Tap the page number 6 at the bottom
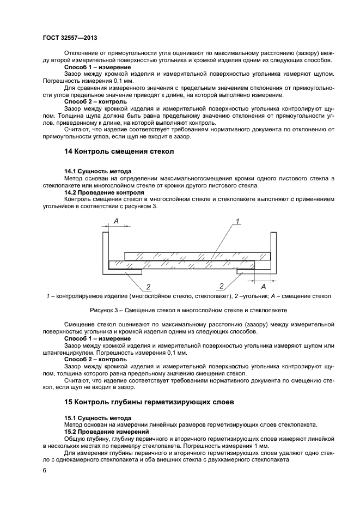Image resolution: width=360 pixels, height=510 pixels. click(x=45, y=469)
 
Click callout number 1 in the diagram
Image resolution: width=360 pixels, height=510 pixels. click(x=237, y=221)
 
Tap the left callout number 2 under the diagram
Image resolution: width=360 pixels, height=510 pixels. click(x=148, y=286)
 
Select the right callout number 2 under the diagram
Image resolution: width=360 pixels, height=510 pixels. click(x=221, y=286)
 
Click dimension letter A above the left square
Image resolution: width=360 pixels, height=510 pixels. click(x=116, y=221)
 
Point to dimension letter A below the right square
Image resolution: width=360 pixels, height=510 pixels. click(x=264, y=286)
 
